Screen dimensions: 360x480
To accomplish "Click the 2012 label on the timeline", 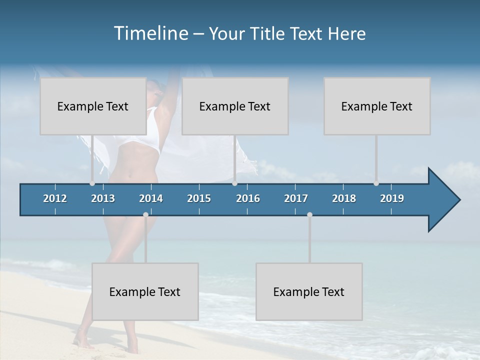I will click(x=55, y=198).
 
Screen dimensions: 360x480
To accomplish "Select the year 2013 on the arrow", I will click(x=103, y=198).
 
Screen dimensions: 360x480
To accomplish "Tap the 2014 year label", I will click(x=151, y=198).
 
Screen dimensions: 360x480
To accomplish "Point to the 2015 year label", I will click(x=199, y=198).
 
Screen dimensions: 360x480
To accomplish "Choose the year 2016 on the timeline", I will click(x=248, y=198).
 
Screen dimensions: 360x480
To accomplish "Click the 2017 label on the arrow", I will click(x=296, y=198).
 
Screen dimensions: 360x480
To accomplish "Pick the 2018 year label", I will click(x=344, y=198).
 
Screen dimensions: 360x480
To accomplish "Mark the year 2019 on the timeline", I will click(x=392, y=198).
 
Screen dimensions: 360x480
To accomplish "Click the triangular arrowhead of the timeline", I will click(x=443, y=200).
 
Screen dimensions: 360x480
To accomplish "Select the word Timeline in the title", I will click(x=150, y=33).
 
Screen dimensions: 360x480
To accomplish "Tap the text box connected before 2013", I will click(x=92, y=106).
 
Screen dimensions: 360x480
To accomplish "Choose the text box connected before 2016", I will click(x=234, y=106).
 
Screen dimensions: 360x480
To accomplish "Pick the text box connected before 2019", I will click(x=376, y=106).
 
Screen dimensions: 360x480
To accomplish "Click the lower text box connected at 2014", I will click(x=145, y=291).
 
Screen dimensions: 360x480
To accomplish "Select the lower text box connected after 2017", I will click(x=308, y=291).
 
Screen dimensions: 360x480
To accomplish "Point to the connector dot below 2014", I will click(x=145, y=214).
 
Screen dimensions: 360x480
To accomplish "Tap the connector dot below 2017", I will click(x=309, y=214).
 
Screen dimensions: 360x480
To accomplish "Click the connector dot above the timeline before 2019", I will click(x=376, y=183).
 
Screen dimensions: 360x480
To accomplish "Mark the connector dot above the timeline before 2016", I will click(x=234, y=183).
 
